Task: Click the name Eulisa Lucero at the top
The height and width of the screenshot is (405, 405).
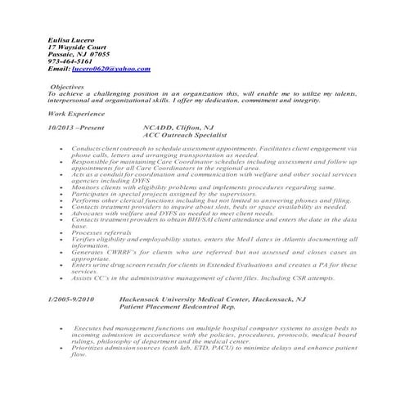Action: (x=71, y=39)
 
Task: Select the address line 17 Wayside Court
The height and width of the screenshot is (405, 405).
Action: (x=78, y=47)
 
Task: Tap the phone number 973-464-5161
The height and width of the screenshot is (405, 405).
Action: (x=70, y=61)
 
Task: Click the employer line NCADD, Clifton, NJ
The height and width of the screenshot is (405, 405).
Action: (x=178, y=128)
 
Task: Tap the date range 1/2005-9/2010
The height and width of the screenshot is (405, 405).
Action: (x=71, y=299)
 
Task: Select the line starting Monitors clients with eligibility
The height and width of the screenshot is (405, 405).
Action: (x=191, y=187)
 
